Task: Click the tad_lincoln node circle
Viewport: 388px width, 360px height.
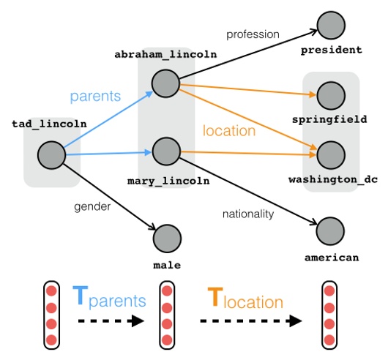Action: (x=51, y=155)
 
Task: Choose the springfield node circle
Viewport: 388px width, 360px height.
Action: (x=331, y=94)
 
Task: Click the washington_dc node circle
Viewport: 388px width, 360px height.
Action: (x=331, y=154)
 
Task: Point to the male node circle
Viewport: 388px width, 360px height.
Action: (x=167, y=238)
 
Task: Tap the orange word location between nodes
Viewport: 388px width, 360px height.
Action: (x=229, y=131)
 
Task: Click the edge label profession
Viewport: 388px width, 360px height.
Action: (x=253, y=34)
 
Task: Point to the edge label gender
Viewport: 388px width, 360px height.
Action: (x=92, y=206)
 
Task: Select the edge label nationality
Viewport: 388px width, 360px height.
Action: (x=247, y=214)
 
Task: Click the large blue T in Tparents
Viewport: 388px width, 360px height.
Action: (x=81, y=297)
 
